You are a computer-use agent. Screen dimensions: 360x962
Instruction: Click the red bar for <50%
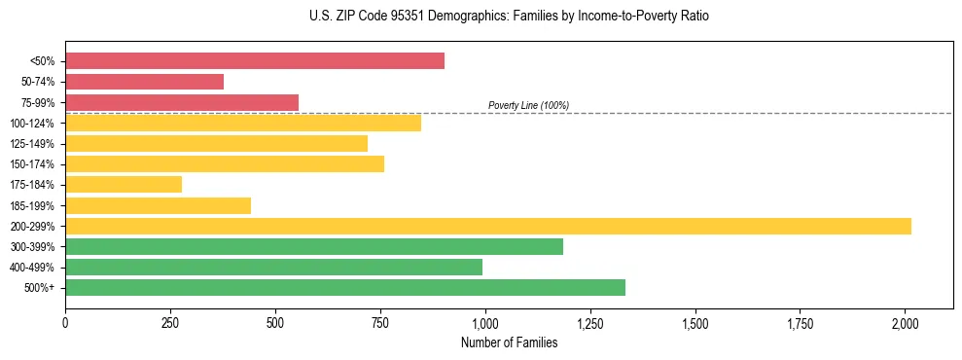pyautogui.click(x=255, y=61)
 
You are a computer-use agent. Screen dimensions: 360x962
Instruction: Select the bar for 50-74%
pyautogui.click(x=144, y=82)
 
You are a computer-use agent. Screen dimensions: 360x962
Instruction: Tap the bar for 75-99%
pyautogui.click(x=182, y=102)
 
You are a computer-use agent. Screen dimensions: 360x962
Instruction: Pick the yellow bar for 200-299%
pyautogui.click(x=488, y=226)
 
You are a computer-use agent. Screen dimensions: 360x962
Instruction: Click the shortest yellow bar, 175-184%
pyautogui.click(x=124, y=185)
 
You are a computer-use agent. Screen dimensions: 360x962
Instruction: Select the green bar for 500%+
pyautogui.click(x=345, y=288)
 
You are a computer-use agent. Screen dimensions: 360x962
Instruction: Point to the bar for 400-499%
pyautogui.click(x=273, y=268)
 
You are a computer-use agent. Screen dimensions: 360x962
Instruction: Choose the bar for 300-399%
pyautogui.click(x=314, y=247)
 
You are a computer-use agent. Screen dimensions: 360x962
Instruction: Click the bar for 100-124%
pyautogui.click(x=243, y=123)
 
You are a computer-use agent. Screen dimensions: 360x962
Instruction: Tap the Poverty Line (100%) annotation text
pyautogui.click(x=528, y=105)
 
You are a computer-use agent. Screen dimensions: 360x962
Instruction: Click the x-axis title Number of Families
pyautogui.click(x=509, y=342)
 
